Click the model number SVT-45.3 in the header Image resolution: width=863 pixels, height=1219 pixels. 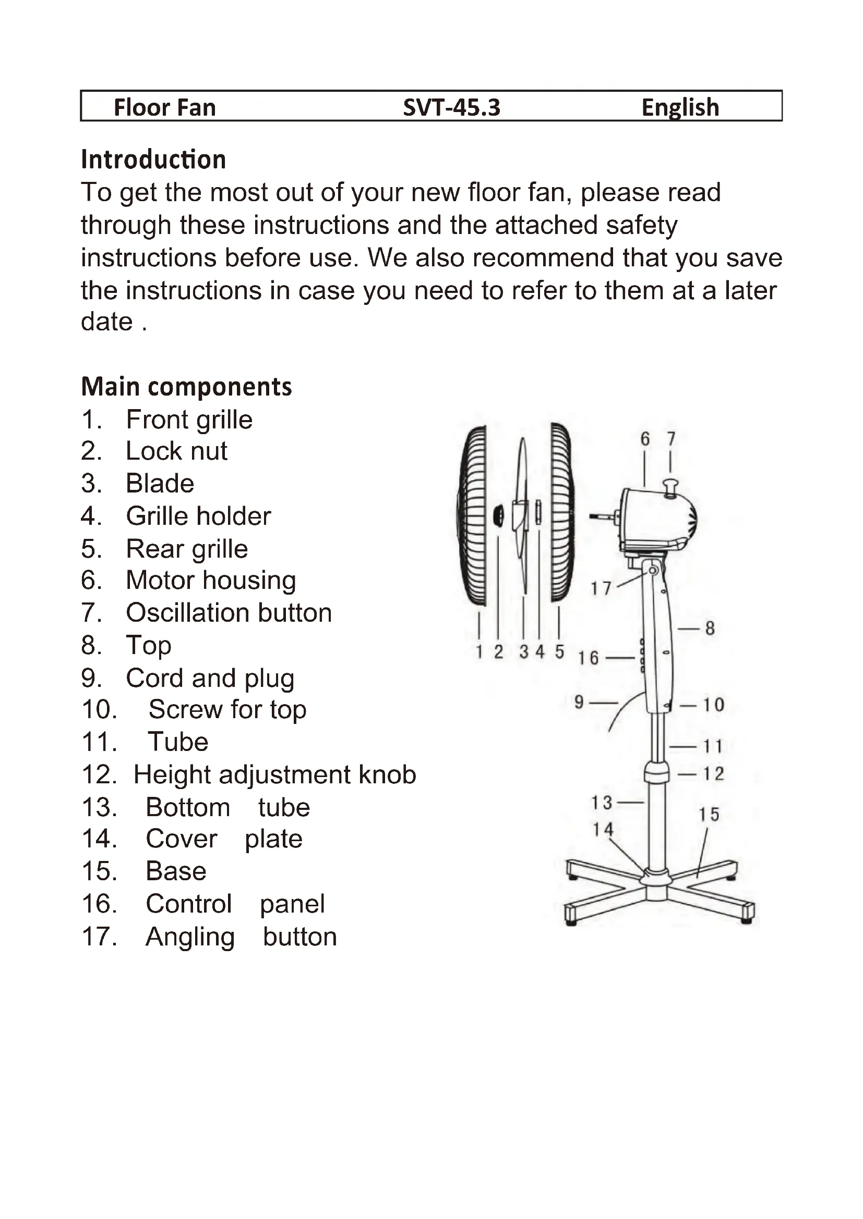[451, 107]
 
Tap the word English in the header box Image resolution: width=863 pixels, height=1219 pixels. [680, 107]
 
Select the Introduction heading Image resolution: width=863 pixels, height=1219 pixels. [153, 159]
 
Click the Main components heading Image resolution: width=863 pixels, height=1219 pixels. [186, 387]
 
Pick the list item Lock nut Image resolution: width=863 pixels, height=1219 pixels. [176, 451]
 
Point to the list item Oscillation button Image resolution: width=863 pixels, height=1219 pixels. [229, 613]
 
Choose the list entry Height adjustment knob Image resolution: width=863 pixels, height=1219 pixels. [274, 774]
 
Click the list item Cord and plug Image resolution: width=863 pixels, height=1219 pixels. [210, 678]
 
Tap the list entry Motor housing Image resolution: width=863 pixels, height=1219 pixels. [210, 580]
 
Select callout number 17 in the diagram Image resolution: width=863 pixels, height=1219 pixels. [601, 588]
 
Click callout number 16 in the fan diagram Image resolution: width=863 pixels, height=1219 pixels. [588, 658]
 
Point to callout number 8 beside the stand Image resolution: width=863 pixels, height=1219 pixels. [710, 629]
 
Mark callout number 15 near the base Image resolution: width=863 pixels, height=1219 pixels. [709, 815]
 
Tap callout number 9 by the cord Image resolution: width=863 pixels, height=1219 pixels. [579, 703]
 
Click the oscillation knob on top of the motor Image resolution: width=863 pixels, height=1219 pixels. [670, 486]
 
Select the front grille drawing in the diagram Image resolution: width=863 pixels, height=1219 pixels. [472, 515]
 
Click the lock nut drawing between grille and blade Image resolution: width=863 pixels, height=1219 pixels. [498, 515]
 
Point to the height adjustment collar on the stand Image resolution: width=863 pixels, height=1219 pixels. [657, 771]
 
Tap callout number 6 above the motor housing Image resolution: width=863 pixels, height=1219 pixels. [645, 439]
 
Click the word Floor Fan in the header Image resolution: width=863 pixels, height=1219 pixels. [165, 107]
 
